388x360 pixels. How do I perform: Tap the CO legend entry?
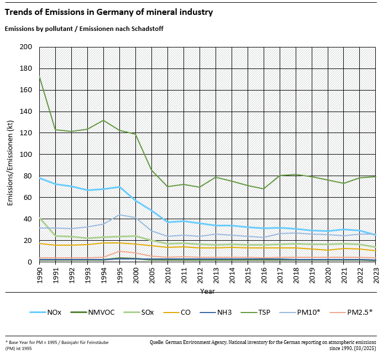point(186,312)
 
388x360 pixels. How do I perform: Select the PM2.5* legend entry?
point(360,312)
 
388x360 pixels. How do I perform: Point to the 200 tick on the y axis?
point(25,47)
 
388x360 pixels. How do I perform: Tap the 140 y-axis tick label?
point(25,112)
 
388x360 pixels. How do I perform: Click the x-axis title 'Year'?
point(208,291)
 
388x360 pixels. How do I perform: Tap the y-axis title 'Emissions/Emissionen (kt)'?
point(10,155)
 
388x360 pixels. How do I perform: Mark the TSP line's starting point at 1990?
point(40,77)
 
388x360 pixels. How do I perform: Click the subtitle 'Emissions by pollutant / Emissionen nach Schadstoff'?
point(84,28)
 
